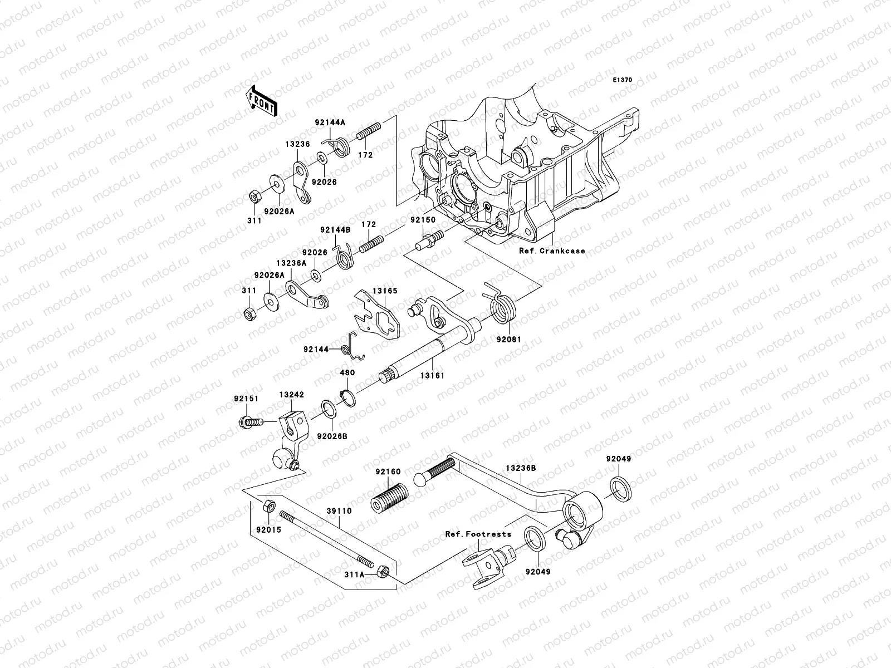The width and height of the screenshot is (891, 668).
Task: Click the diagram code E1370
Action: click(623, 80)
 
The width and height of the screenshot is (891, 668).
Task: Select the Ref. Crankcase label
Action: click(552, 251)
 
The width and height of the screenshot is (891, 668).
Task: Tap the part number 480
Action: click(347, 373)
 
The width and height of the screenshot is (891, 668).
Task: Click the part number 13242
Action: click(291, 395)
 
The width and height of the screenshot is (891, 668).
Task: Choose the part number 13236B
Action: click(521, 468)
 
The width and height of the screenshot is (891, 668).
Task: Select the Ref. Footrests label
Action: click(478, 534)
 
